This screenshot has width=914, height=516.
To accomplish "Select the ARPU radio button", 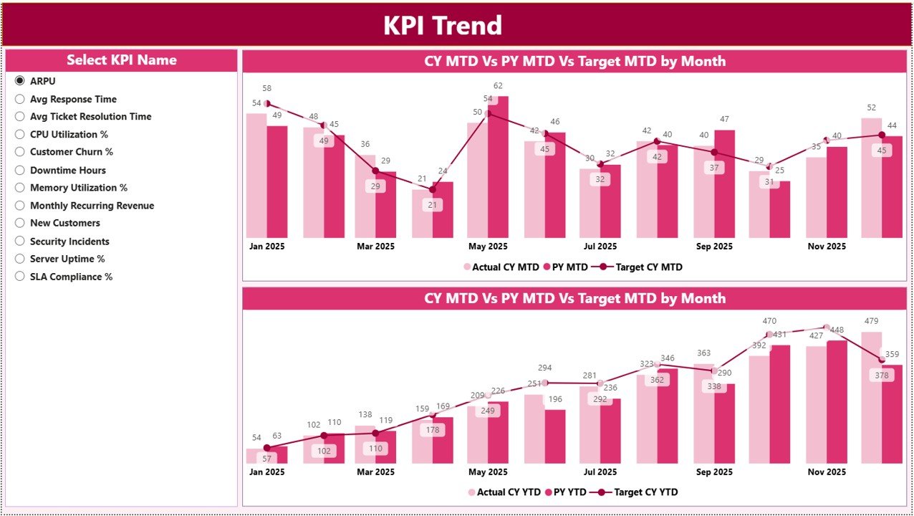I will (20, 81).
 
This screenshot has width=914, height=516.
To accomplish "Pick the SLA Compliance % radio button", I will (20, 277).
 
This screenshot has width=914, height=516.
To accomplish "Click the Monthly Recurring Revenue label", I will (92, 206).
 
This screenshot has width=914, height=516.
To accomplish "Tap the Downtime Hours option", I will (67, 170).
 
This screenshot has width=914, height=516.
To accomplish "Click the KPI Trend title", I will (442, 26).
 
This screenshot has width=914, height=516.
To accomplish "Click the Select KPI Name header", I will (121, 60).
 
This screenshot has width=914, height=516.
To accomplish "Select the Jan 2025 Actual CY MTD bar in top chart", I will (256, 176).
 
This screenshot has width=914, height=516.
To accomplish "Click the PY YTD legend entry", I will (566, 492).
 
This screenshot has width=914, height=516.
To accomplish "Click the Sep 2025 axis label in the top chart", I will (714, 247).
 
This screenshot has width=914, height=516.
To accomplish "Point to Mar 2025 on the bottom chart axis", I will (375, 472).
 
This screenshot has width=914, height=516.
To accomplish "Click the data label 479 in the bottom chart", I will (871, 320).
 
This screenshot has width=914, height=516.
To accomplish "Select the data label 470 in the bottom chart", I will (769, 321).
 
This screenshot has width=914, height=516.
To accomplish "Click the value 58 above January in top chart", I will (266, 88).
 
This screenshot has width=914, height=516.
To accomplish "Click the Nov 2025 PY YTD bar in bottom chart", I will (837, 401).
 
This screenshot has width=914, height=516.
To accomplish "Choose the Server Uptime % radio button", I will (20, 259).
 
